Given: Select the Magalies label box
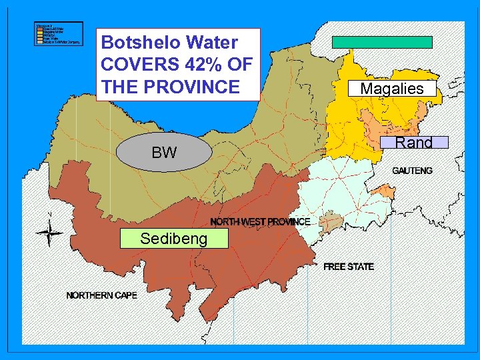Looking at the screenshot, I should click(x=392, y=89).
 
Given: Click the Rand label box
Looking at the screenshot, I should click(x=414, y=142).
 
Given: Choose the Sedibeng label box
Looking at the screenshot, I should click(x=173, y=239).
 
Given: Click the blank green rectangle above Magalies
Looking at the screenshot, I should click(x=383, y=42).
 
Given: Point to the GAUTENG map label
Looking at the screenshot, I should click(x=412, y=171).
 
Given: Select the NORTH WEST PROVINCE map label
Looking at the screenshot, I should click(x=260, y=221).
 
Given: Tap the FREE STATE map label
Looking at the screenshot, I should click(x=349, y=267).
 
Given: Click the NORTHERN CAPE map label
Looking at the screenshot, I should click(x=101, y=295).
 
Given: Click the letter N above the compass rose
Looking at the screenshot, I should click(x=50, y=215).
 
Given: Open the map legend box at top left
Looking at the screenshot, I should click(x=59, y=33).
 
